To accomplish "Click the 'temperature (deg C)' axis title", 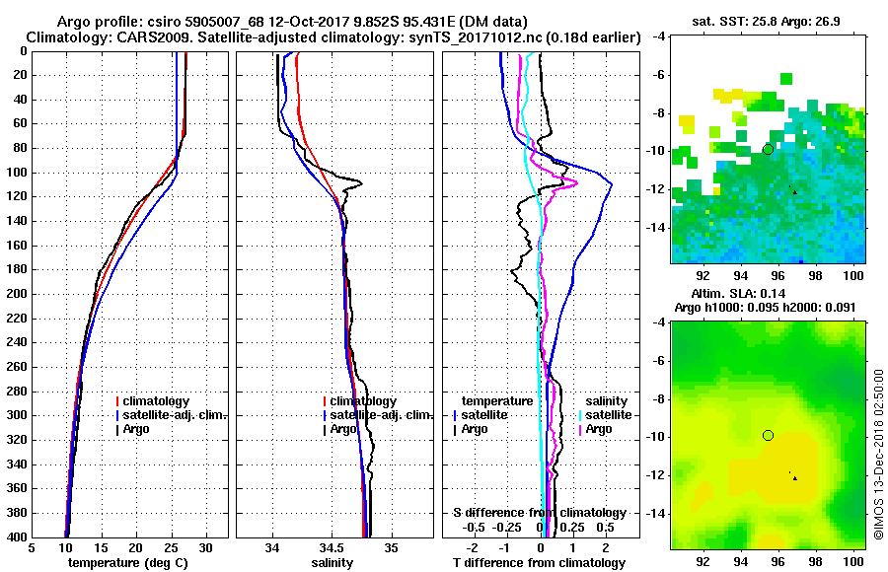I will pyautogui.click(x=127, y=563).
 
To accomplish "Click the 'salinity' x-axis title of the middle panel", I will pyautogui.click(x=333, y=563).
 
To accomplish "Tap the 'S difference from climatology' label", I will pyautogui.click(x=540, y=513).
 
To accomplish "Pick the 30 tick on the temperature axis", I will pyautogui.click(x=206, y=547).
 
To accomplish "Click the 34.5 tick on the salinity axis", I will pyautogui.click(x=333, y=547).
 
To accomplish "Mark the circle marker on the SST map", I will pyautogui.click(x=768, y=149).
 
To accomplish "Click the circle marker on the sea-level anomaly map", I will pyautogui.click(x=768, y=435).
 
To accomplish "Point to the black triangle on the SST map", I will pyautogui.click(x=794, y=191).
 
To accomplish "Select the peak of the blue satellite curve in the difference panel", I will pyautogui.click(x=612, y=183).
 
